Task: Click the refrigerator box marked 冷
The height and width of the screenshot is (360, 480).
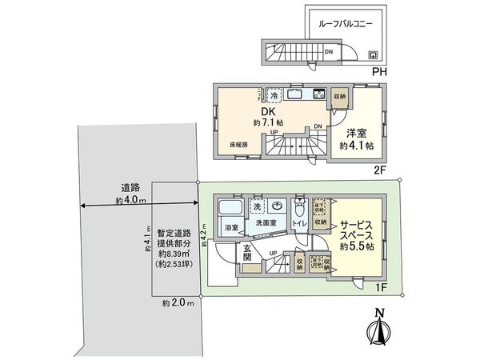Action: (x=274, y=93)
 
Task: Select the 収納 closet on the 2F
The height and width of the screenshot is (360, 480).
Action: (x=339, y=96)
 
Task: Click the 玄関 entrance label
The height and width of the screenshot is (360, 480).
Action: (x=248, y=254)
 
